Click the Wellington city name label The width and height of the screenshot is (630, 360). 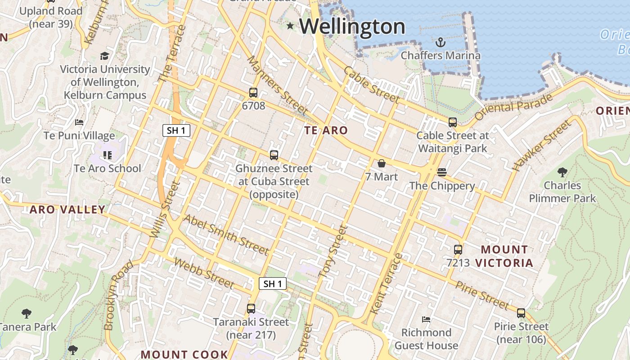pos(352,27)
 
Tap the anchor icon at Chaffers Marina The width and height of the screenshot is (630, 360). pos(441,42)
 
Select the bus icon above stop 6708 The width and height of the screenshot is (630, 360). pos(253,93)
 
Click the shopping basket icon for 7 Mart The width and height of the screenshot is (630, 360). pos(382,163)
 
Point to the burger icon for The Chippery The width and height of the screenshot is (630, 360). pos(442,172)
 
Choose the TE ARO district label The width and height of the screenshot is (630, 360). pos(326,130)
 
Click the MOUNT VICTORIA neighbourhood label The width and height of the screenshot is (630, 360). pos(504,256)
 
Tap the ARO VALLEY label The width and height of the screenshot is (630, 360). pos(67,209)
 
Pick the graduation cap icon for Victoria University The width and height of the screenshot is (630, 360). pos(105,56)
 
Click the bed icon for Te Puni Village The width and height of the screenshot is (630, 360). pos(79,122)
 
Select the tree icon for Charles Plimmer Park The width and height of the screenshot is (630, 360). pos(562,172)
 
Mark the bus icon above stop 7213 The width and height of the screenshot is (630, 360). pos(458,250)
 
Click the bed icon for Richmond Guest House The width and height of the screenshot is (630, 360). pos(426,319)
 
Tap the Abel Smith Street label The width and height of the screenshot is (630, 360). pos(226,234)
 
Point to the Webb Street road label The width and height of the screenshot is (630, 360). pos(204,273)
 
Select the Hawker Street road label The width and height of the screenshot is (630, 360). pos(541,146)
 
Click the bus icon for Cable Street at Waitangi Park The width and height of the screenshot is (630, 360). pos(453,122)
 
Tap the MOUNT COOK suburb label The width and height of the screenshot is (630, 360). pos(184,354)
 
